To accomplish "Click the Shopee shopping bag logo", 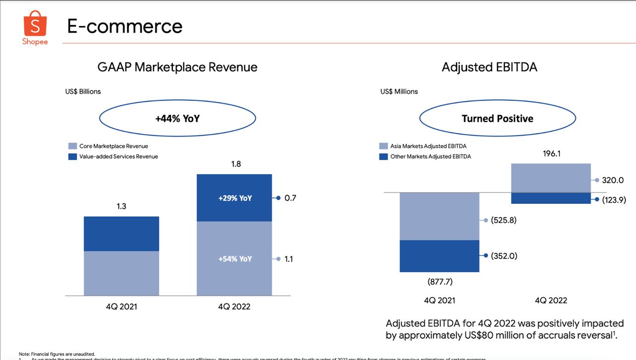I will click(x=35, y=25).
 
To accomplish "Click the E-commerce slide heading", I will click(x=125, y=26).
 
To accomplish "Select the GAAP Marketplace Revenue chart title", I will click(x=178, y=67).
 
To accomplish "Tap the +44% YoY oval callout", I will click(x=177, y=118).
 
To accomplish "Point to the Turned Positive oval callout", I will click(x=497, y=118).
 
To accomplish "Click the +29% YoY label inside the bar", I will click(x=235, y=198).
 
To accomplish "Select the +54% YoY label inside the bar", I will click(x=235, y=259).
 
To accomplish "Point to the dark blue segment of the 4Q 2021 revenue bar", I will click(x=121, y=234).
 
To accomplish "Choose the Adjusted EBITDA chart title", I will click(x=489, y=67).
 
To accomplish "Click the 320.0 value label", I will click(x=613, y=180).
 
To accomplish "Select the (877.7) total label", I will click(x=440, y=282).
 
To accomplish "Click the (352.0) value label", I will click(x=503, y=256).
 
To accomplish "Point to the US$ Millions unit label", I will click(x=399, y=91).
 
